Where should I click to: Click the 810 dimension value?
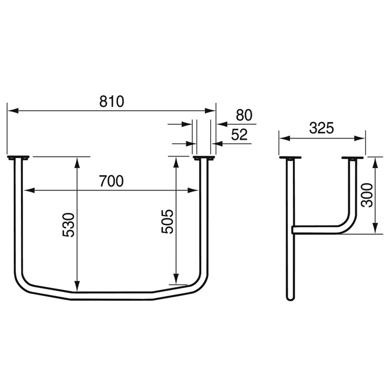click(112, 101)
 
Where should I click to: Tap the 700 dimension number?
click(111, 181)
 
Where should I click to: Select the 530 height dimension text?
click(69, 225)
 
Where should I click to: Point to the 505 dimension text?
click(168, 221)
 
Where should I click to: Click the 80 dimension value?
click(244, 116)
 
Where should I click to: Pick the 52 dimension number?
click(239, 135)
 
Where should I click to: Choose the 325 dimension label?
click(321, 128)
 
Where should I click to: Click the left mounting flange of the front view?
click(18, 157)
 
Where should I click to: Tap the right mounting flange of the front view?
click(204, 158)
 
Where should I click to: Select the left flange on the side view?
click(290, 158)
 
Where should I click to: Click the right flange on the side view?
click(352, 158)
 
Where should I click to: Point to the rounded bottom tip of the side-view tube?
click(290, 297)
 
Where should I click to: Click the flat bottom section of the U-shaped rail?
click(112, 296)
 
